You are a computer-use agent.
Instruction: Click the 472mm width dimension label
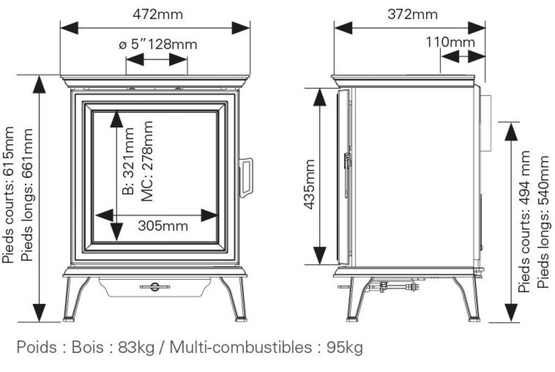pos(158,14)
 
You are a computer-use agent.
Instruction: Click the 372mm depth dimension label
pos(412,14)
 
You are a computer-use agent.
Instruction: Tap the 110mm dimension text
pos(450,42)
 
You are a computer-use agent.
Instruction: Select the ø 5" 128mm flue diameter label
pos(158,44)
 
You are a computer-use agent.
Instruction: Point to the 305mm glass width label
pos(163,226)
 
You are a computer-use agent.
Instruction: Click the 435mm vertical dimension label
pos(309,184)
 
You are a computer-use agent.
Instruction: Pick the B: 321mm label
pos(128,161)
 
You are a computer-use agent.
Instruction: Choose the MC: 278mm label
pos(147,161)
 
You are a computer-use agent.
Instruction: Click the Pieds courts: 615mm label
pos(8,195)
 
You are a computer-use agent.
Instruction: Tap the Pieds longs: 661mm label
pos(27,195)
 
